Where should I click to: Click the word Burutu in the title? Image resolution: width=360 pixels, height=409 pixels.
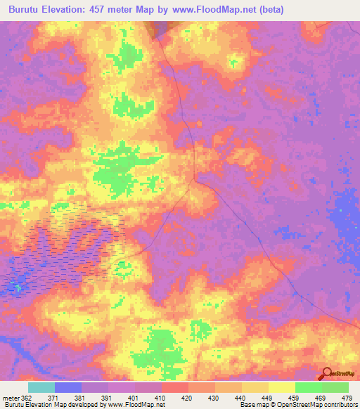[24, 9]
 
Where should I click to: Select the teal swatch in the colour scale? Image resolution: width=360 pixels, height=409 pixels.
[41, 387]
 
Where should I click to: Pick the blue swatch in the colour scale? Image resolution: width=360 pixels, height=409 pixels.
[68, 387]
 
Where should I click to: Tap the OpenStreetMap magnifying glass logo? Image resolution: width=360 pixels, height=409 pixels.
[326, 375]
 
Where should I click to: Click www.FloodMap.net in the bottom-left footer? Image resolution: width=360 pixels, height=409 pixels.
[131, 405]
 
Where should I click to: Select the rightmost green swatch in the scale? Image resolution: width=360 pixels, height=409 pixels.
[335, 387]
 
